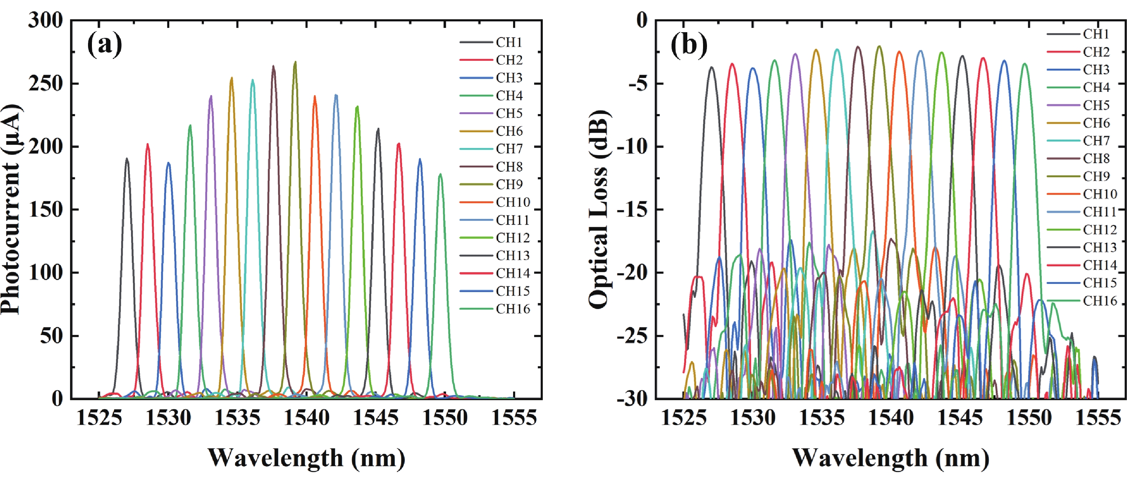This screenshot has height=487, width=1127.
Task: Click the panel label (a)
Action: (104, 45)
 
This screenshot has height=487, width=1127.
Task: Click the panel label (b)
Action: (689, 45)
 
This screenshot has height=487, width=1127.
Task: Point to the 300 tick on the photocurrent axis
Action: (46, 20)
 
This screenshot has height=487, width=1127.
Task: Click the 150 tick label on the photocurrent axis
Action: (46, 210)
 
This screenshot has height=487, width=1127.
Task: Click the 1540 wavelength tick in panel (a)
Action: (307, 418)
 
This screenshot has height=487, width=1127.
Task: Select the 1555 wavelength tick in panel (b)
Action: (1098, 418)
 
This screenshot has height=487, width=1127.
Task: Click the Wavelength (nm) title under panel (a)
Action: (306, 458)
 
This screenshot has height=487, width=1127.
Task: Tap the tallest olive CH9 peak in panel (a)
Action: (295, 63)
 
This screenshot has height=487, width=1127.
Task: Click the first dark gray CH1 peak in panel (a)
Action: (127, 159)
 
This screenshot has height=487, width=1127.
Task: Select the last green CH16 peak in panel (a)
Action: (440, 175)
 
